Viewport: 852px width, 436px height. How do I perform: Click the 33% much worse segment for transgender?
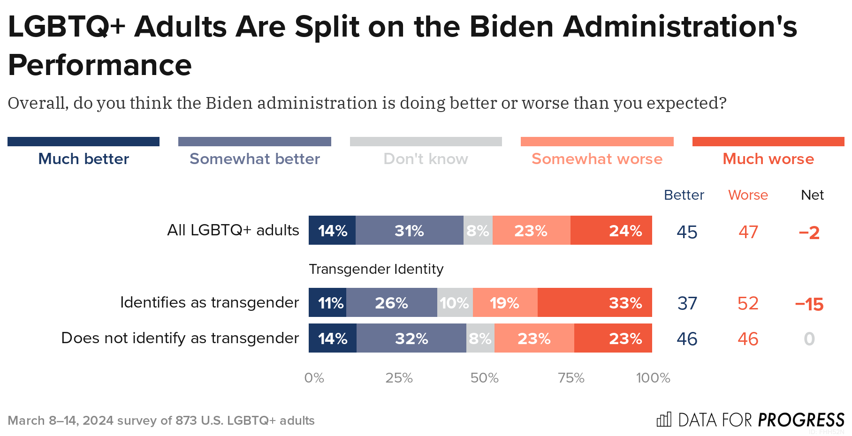click(594, 302)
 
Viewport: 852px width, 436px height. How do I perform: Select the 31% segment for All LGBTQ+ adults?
click(409, 230)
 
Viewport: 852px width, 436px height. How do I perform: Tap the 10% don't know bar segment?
click(455, 302)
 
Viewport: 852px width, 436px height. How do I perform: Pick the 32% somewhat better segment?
click(411, 338)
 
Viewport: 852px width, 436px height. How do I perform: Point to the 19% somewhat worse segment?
click(505, 302)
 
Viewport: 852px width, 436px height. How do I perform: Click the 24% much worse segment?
click(611, 230)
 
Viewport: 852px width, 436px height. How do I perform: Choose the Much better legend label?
click(84, 159)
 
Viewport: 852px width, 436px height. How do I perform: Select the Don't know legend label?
click(426, 159)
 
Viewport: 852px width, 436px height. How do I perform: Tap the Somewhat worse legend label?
click(597, 159)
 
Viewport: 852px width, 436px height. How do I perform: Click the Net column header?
click(812, 195)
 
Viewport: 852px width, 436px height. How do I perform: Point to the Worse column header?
click(748, 195)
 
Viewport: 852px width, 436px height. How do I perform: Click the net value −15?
click(809, 304)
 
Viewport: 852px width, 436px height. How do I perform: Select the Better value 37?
click(687, 303)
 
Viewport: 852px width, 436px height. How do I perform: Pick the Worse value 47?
click(748, 232)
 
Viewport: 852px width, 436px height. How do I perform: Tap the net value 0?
click(809, 339)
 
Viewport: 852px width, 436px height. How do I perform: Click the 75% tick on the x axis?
click(571, 378)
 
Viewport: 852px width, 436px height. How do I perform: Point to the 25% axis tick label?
click(399, 378)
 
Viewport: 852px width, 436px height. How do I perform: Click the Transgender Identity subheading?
click(376, 269)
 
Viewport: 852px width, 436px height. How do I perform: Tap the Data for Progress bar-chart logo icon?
click(664, 420)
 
